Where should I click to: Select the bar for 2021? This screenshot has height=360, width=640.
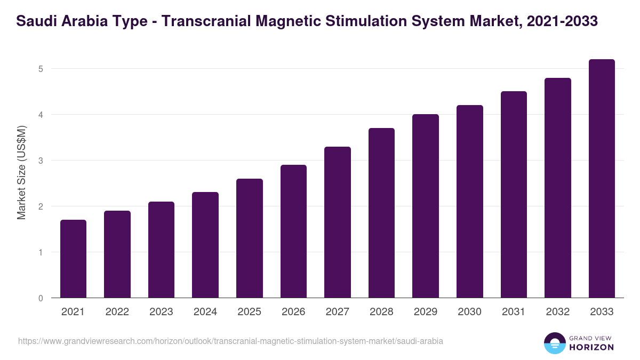(x=73, y=259)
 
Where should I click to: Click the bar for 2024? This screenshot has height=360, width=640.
(x=205, y=245)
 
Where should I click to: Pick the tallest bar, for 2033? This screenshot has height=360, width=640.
(x=602, y=179)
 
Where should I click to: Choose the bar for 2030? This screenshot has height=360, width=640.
(x=470, y=202)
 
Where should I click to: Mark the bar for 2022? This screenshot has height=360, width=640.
(x=117, y=254)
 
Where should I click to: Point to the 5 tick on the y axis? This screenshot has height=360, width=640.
(x=41, y=69)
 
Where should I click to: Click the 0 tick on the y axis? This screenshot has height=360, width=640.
(x=41, y=298)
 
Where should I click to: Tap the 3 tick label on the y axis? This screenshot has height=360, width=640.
(x=41, y=161)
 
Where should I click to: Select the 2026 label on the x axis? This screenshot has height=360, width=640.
(x=293, y=312)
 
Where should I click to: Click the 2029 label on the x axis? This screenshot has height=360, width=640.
(x=426, y=312)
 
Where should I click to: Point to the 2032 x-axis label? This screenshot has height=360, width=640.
(x=558, y=312)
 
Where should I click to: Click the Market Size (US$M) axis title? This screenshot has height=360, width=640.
(x=21, y=172)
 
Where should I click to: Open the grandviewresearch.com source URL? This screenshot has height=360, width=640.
(x=230, y=341)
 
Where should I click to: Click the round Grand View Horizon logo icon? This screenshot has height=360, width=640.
(x=554, y=343)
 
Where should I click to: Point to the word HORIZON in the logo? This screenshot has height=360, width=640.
(x=591, y=347)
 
